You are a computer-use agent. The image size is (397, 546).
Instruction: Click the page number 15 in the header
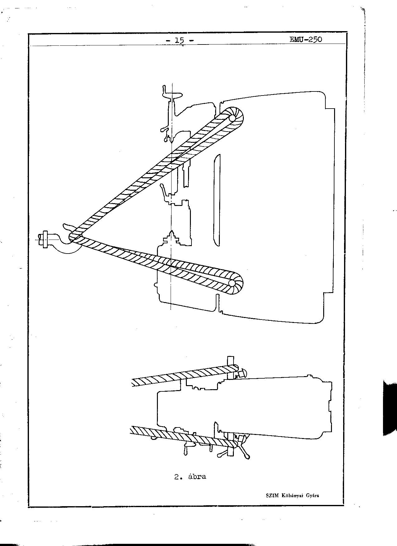click(180, 40)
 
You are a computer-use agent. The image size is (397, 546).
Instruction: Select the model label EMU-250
click(305, 40)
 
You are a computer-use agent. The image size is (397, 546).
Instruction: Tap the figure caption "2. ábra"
click(190, 477)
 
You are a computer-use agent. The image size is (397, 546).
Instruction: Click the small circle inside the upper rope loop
click(232, 118)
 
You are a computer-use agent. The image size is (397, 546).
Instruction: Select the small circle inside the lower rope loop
click(232, 283)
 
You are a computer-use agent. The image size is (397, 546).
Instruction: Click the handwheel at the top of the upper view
click(171, 93)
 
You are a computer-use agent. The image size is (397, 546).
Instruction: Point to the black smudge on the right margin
click(390, 407)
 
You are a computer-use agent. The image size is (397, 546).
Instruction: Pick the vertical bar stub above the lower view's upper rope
click(230, 361)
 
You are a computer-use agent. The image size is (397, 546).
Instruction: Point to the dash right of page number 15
click(191, 40)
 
